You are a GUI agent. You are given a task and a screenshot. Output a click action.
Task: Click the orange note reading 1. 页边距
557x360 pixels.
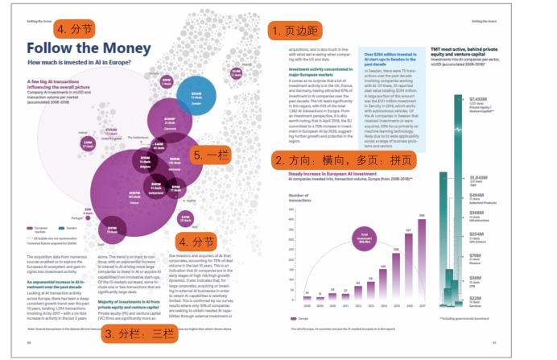(295, 31)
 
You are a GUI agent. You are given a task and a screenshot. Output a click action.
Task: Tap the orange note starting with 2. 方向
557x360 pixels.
(341, 161)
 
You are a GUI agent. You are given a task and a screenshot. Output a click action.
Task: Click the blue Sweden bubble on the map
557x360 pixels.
(196, 97)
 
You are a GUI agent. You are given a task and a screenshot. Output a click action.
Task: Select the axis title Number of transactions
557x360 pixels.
(299, 197)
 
